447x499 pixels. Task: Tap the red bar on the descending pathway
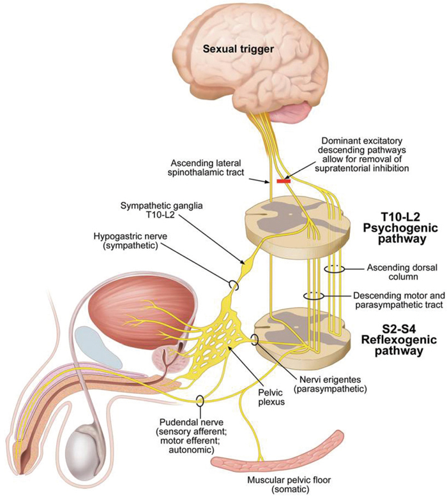click(x=284, y=181)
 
